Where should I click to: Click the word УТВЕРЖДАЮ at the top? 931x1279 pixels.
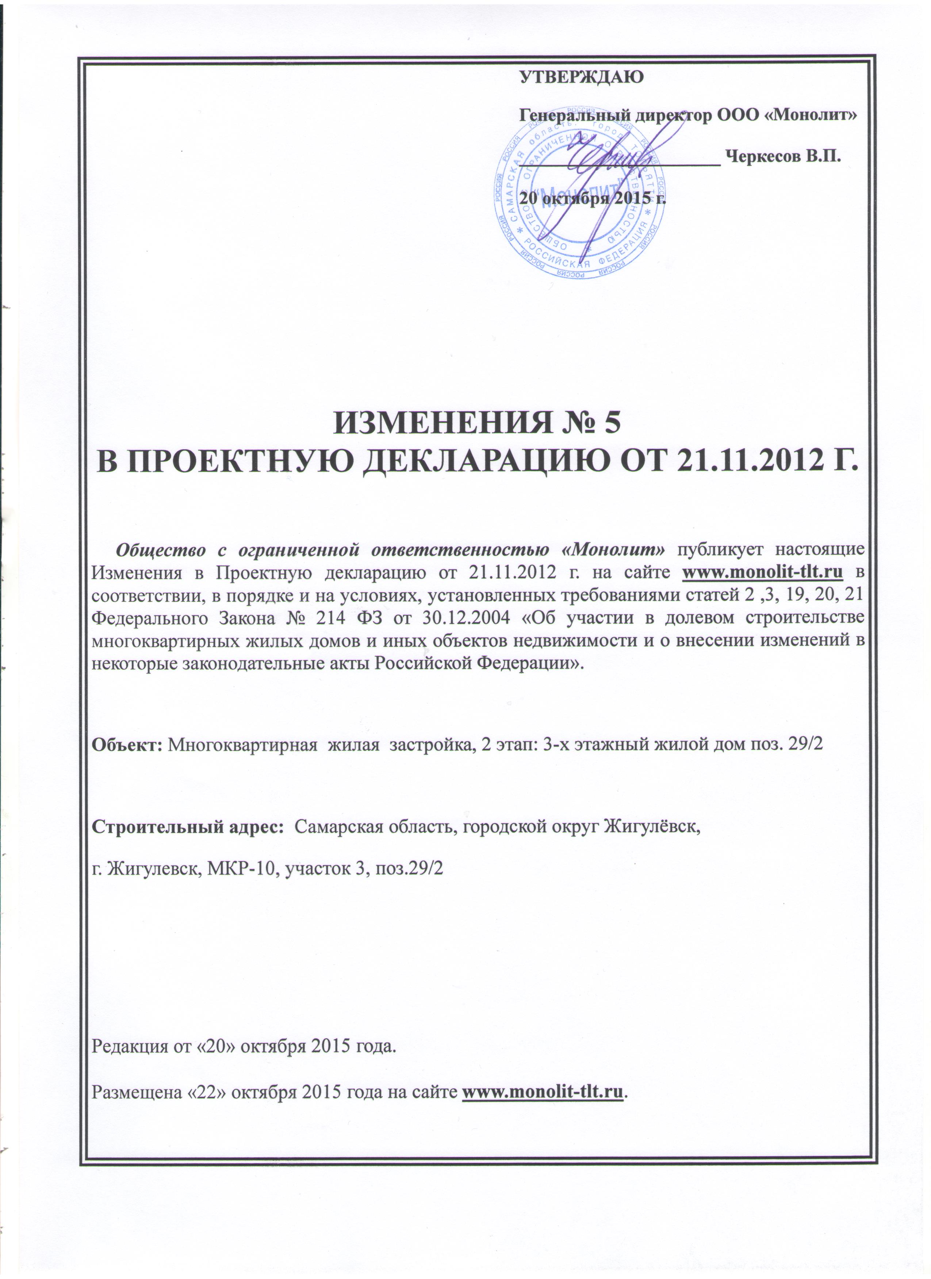point(581,76)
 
